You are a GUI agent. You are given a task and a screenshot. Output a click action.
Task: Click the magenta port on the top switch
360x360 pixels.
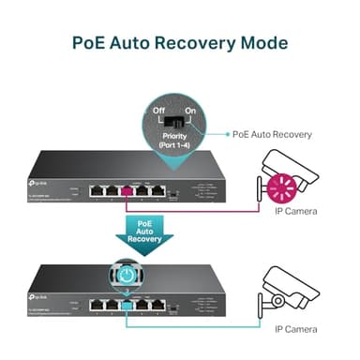(127, 191)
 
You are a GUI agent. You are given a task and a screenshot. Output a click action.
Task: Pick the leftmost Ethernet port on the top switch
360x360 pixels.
(97, 191)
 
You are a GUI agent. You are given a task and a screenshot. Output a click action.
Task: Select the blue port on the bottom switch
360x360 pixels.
(127, 304)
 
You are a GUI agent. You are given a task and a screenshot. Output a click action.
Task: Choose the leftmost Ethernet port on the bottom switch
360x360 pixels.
(97, 304)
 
